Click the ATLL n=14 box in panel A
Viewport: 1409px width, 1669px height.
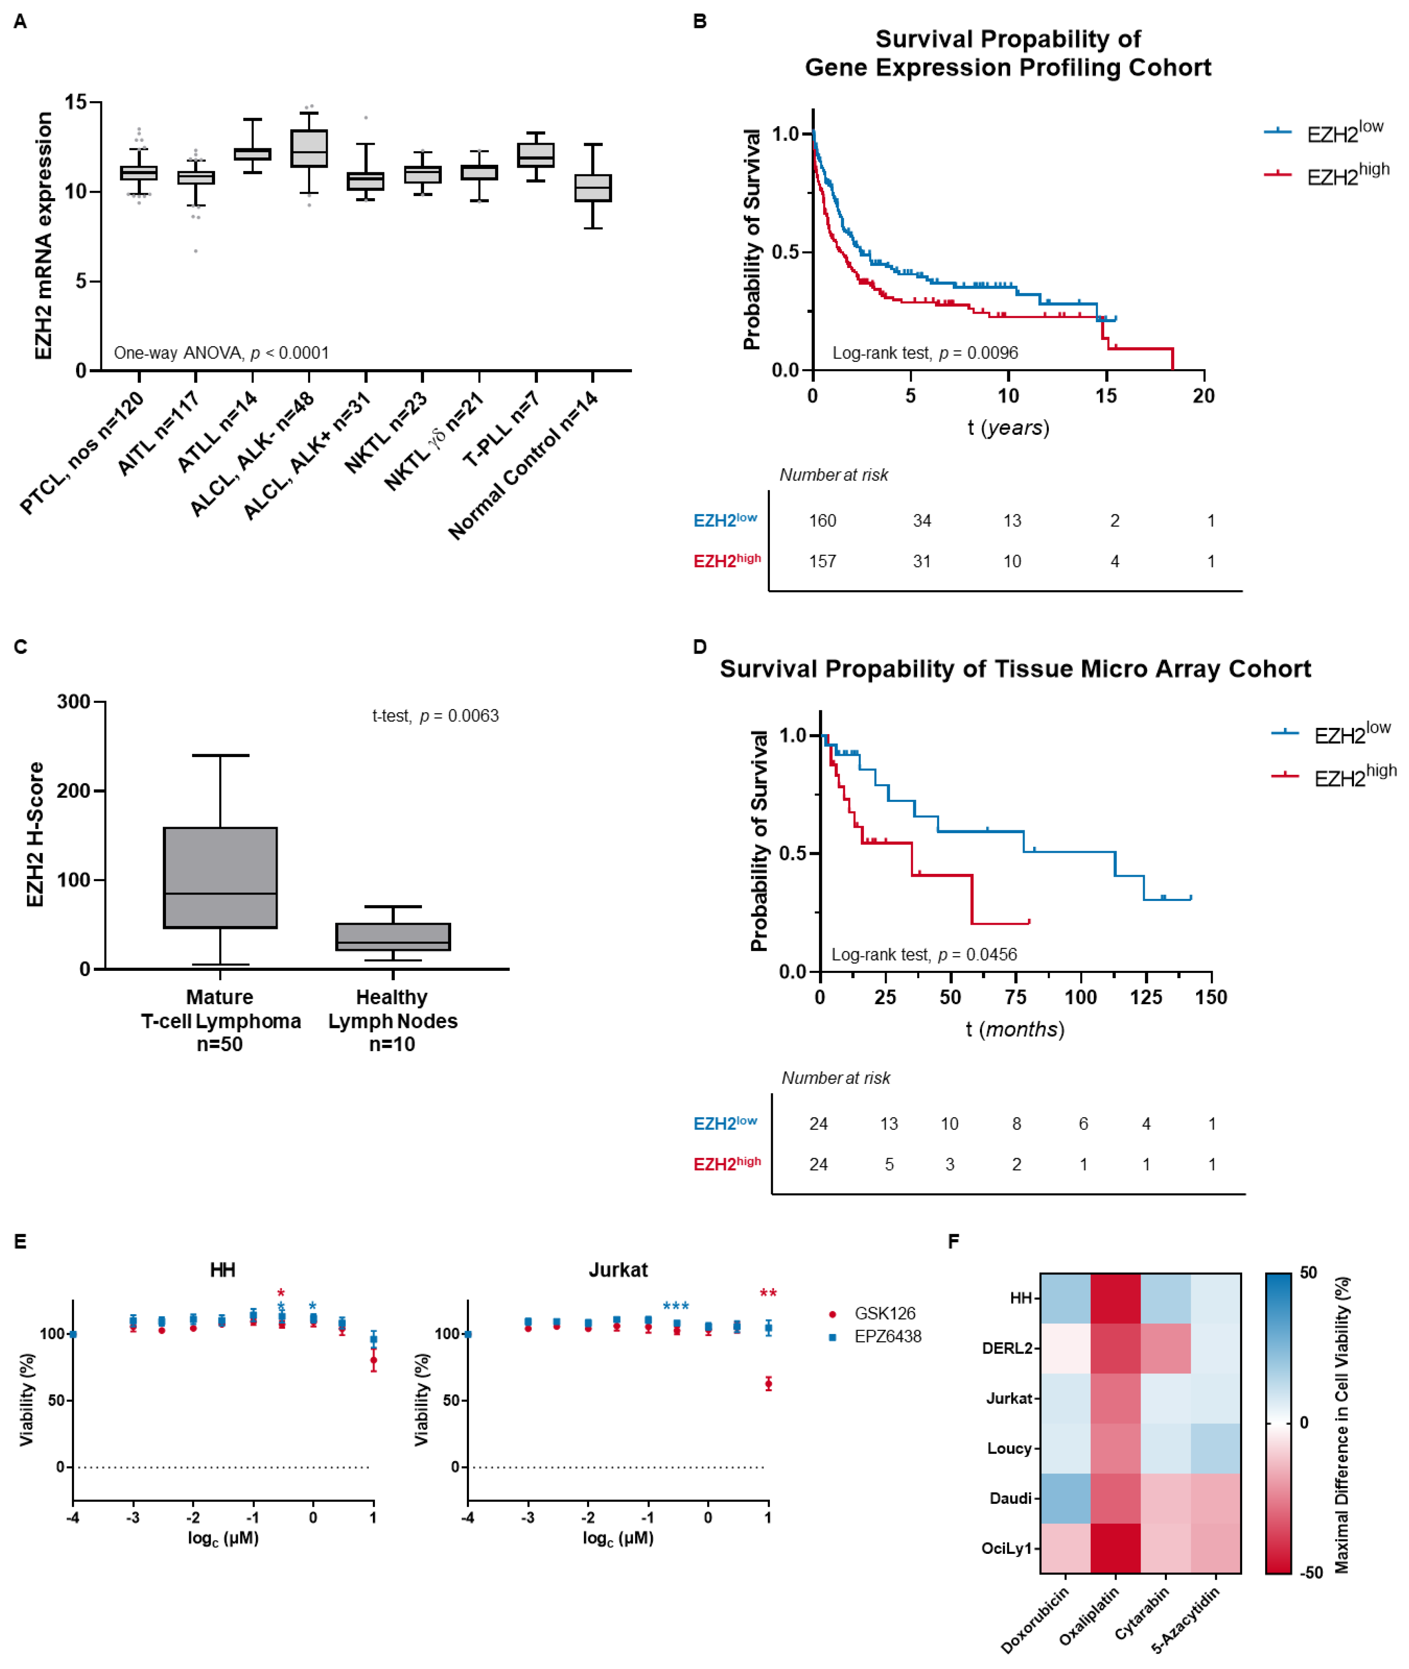click(252, 154)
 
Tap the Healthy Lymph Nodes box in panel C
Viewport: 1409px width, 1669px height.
click(393, 937)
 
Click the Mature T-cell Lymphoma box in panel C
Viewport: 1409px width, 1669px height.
click(221, 877)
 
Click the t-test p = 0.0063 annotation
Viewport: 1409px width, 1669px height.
click(436, 716)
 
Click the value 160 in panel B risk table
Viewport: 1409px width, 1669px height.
click(822, 521)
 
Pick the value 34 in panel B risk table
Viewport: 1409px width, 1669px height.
click(922, 521)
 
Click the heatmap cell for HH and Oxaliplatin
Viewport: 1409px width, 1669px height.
click(1115, 1298)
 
